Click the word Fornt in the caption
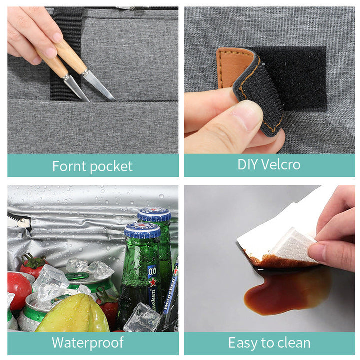point(69,166)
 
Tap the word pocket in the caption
point(112,167)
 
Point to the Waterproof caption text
point(88,343)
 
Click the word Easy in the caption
point(243,343)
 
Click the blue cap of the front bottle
point(142,230)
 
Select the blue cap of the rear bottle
point(154,214)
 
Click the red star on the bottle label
point(152,282)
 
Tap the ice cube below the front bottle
point(142,318)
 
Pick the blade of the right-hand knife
point(98,85)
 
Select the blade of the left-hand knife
point(76,88)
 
